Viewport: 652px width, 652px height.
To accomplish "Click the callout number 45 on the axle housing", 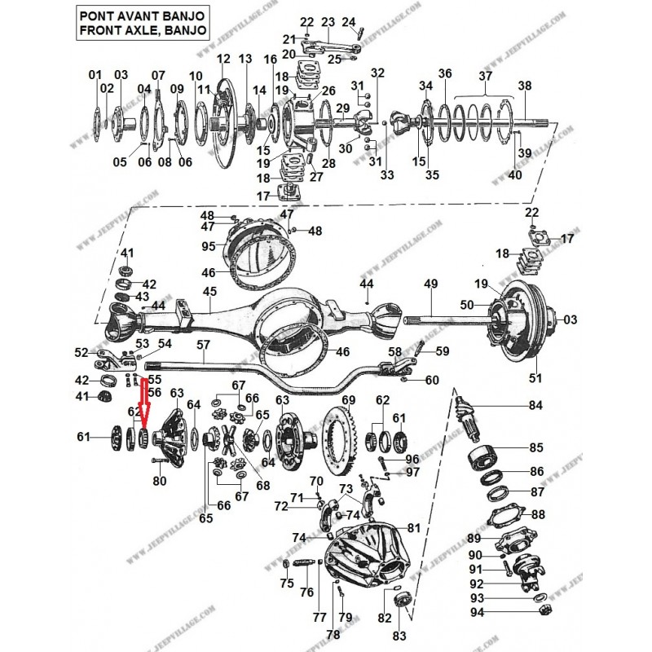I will point(209,292).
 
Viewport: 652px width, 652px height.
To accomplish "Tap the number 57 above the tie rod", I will point(203,346).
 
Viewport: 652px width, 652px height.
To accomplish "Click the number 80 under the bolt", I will point(160,481).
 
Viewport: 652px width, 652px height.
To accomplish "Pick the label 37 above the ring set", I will point(486,76).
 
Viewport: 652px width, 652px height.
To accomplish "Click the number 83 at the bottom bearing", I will point(399,635).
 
